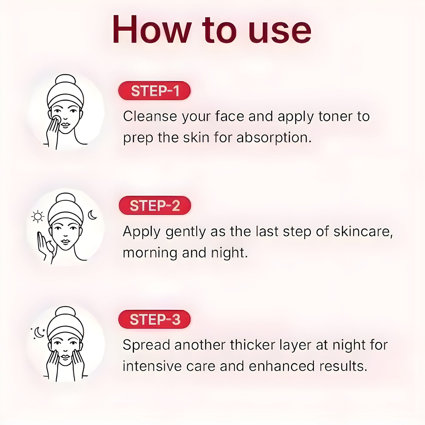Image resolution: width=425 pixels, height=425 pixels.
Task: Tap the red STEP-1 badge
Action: pyautogui.click(x=154, y=91)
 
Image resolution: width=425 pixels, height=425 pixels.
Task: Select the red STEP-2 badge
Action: pyautogui.click(x=155, y=205)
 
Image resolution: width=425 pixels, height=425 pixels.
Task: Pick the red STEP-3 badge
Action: pyautogui.click(x=154, y=319)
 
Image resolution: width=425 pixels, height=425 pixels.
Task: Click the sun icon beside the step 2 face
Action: pyautogui.click(x=38, y=217)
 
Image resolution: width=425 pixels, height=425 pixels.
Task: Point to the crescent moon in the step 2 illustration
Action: pyautogui.click(x=92, y=215)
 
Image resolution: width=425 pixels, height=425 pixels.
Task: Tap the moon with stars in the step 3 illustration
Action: pyautogui.click(x=39, y=333)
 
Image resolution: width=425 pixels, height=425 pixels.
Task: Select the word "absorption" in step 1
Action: pyautogui.click(x=274, y=138)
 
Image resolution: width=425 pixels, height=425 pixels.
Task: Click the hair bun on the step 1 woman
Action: pyautogui.click(x=65, y=80)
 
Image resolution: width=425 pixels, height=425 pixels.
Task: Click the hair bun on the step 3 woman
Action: pyautogui.click(x=65, y=313)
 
